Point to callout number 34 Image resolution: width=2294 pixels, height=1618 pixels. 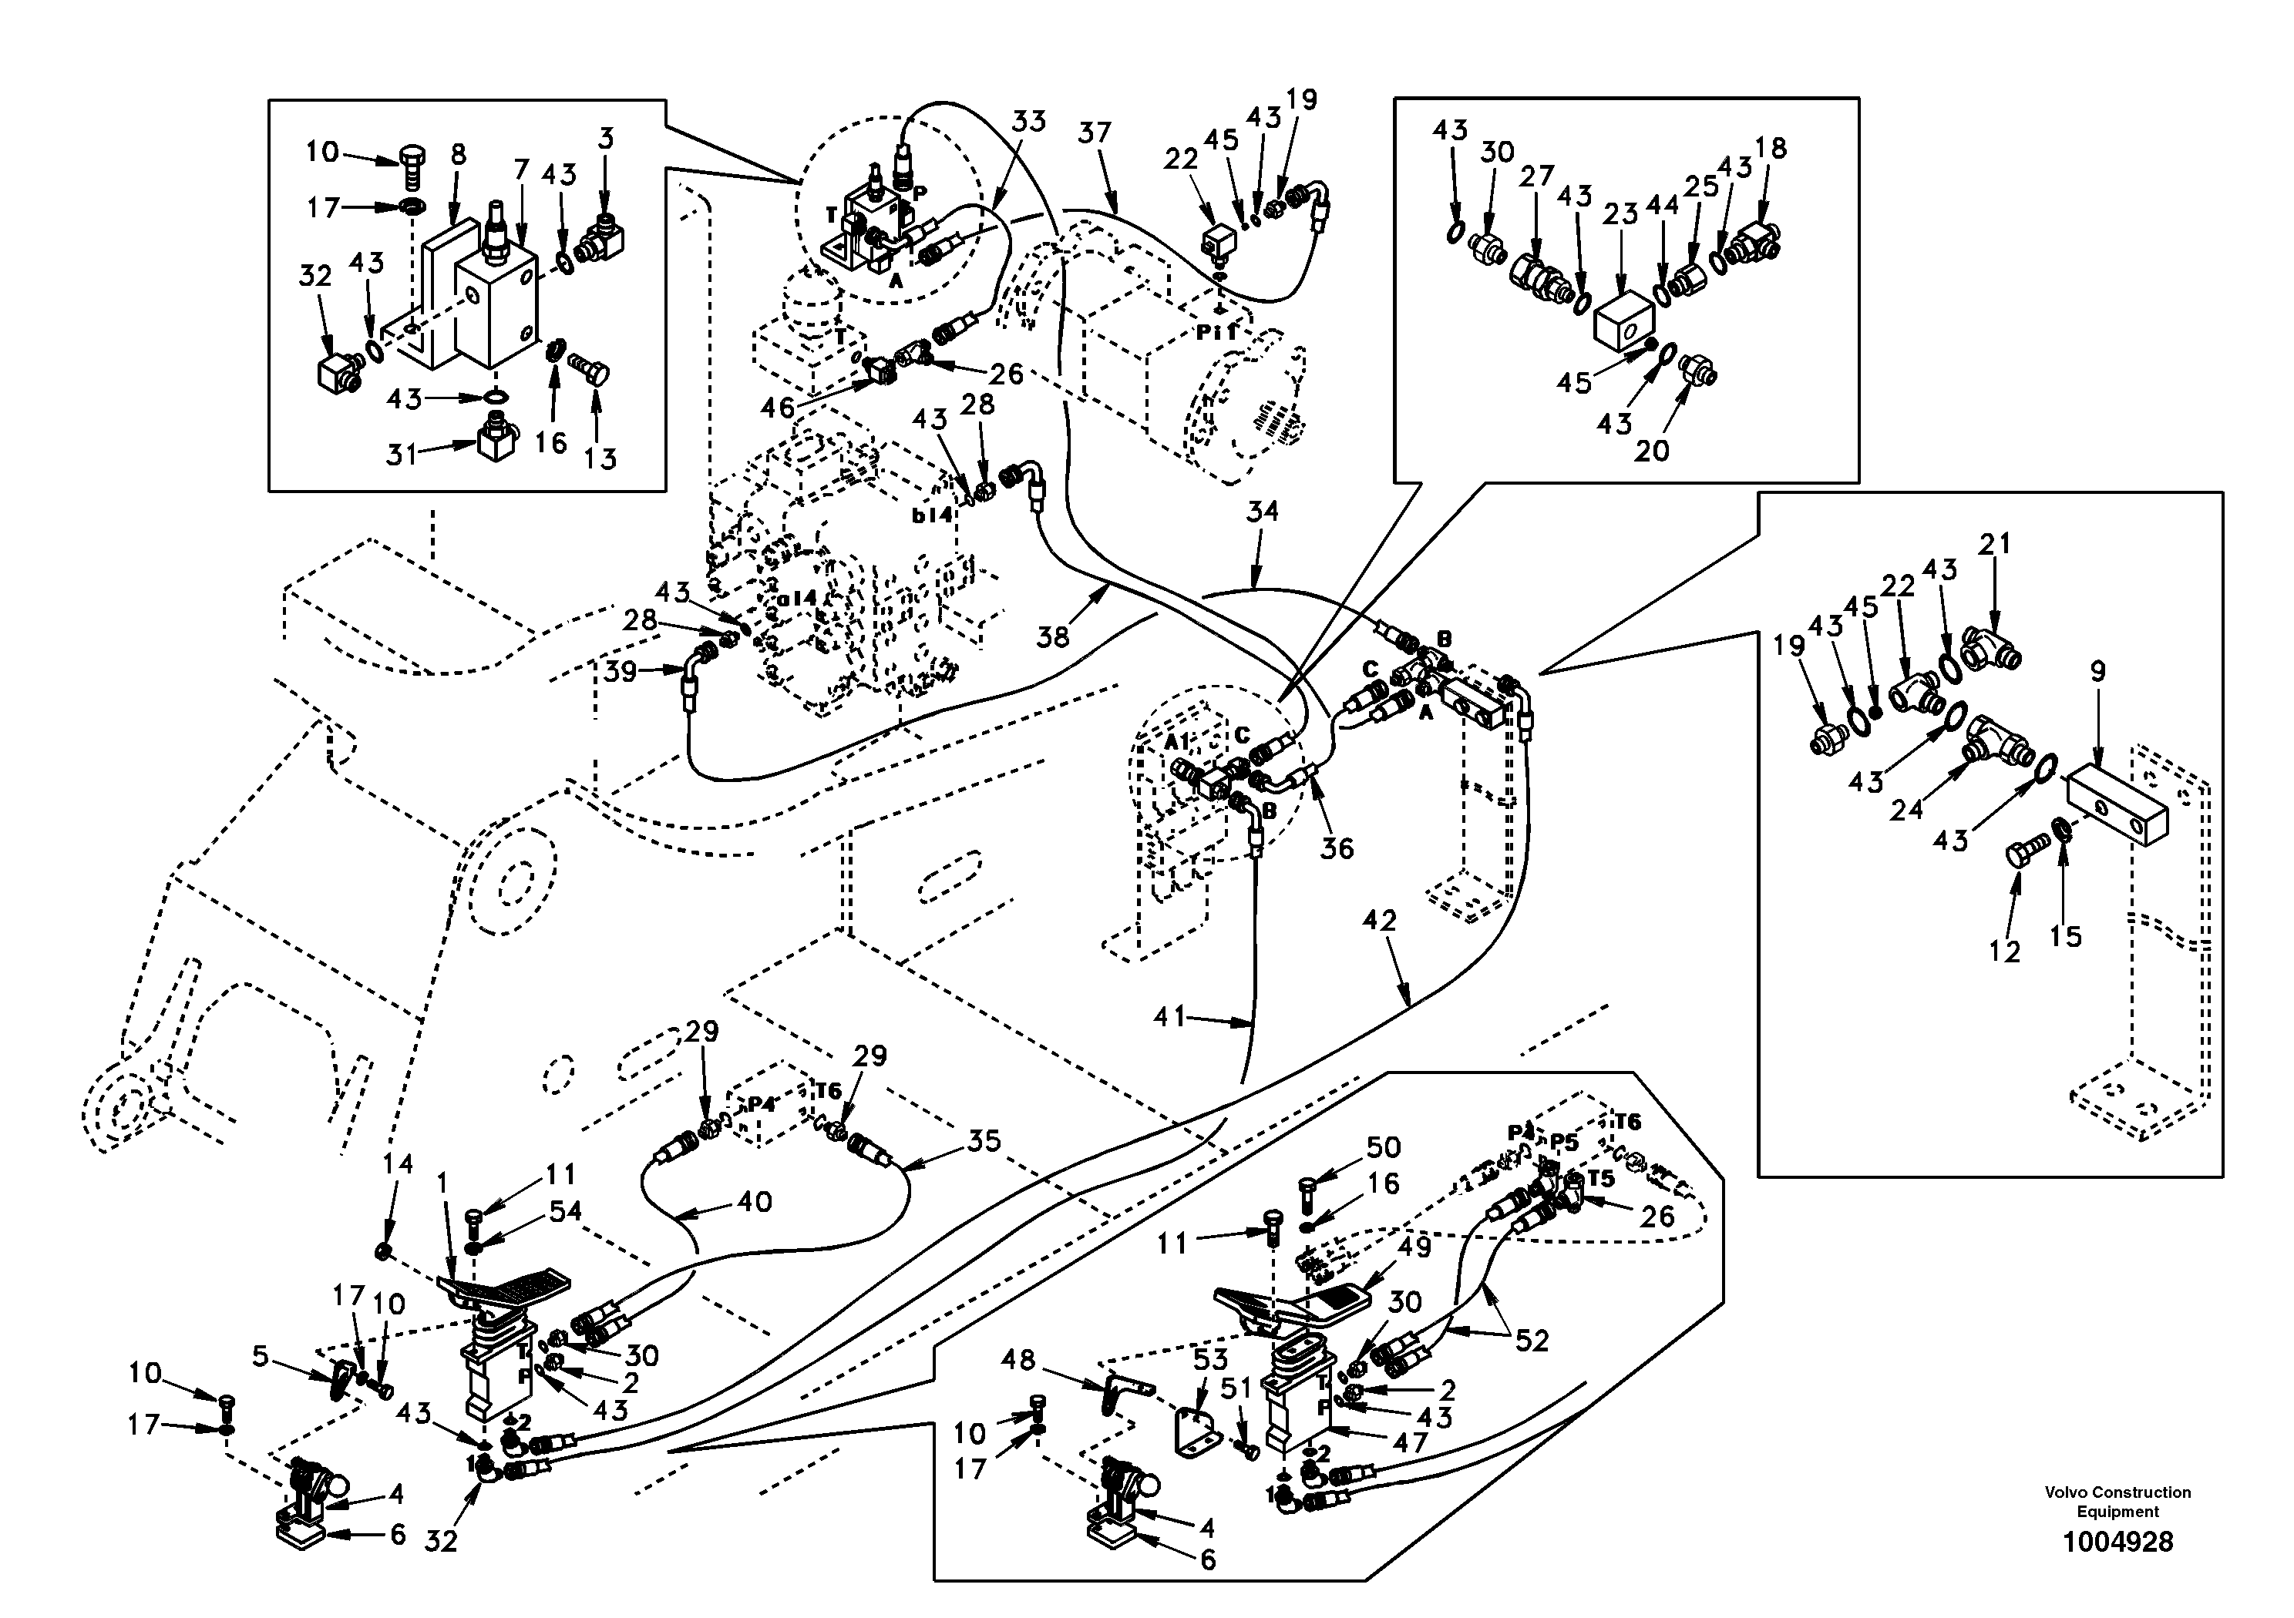click(1262, 512)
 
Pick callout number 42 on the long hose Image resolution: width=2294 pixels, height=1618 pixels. click(1379, 921)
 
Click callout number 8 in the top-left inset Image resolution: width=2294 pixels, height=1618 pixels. click(458, 155)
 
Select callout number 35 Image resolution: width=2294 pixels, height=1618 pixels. click(984, 1142)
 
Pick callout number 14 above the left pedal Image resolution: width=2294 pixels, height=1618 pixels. click(398, 1163)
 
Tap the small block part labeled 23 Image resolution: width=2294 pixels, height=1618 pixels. click(1623, 321)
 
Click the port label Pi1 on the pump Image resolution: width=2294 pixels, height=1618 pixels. click(1216, 334)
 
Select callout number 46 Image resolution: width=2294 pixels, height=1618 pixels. click(776, 408)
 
